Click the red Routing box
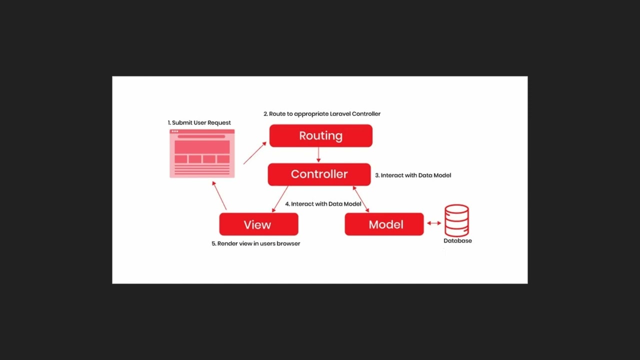tap(321, 135)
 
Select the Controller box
tap(319, 174)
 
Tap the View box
tap(259, 224)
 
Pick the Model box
tap(384, 224)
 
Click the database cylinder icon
tap(456, 220)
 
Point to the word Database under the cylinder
tap(457, 240)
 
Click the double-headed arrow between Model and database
tap(434, 223)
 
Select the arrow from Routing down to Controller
tap(318, 155)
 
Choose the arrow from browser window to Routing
tap(255, 153)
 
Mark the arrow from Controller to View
tap(280, 199)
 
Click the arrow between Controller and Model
tap(361, 199)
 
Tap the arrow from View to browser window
tap(219, 195)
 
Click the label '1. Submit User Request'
tap(199, 122)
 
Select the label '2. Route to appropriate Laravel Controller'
tap(322, 113)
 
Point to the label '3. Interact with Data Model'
tap(413, 175)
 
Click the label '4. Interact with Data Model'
tap(323, 203)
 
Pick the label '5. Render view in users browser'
tap(255, 243)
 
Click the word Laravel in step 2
tap(340, 113)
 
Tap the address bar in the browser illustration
tap(201, 136)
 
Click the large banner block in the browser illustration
tap(202, 147)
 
